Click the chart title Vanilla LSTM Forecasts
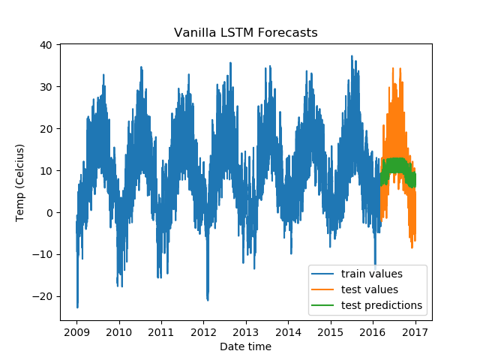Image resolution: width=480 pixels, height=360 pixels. point(245,33)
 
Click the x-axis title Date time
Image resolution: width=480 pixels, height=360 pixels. point(245,346)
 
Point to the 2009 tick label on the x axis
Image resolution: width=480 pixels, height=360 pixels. point(77,331)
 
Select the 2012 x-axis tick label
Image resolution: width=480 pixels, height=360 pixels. point(204,331)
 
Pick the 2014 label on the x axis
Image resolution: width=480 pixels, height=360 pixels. point(288,331)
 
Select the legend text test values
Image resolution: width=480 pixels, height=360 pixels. point(369,289)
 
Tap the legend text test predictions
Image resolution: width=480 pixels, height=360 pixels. point(381,305)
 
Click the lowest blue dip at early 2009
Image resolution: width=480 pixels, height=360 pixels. point(77,306)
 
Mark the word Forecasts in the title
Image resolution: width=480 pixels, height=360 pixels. point(288,33)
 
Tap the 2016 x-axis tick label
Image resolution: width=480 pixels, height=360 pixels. point(373,331)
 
